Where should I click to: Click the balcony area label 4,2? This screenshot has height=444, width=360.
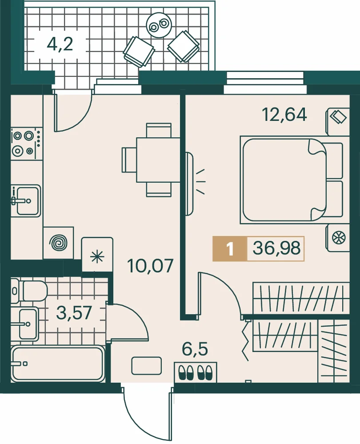click(x=60, y=44)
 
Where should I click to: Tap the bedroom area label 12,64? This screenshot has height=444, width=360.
click(x=284, y=115)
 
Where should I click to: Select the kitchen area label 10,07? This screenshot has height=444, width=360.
click(x=150, y=266)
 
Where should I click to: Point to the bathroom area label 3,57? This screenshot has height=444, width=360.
click(x=74, y=312)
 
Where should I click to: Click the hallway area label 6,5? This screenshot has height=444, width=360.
click(x=195, y=349)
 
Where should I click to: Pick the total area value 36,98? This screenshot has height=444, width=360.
click(x=276, y=248)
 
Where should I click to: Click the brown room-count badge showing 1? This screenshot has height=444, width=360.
click(x=230, y=248)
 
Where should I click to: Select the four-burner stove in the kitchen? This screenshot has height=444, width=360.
click(x=27, y=144)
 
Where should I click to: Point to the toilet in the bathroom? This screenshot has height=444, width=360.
click(x=29, y=291)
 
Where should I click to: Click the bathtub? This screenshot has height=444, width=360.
click(x=58, y=364)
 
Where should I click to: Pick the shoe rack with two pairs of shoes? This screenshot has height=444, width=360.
click(x=196, y=372)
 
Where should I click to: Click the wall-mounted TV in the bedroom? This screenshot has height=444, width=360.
click(x=189, y=184)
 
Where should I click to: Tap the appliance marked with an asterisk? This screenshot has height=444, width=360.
click(x=97, y=254)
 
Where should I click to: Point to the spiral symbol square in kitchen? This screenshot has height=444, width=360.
click(x=58, y=243)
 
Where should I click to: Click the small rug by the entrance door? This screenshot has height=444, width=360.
click(x=146, y=366)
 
